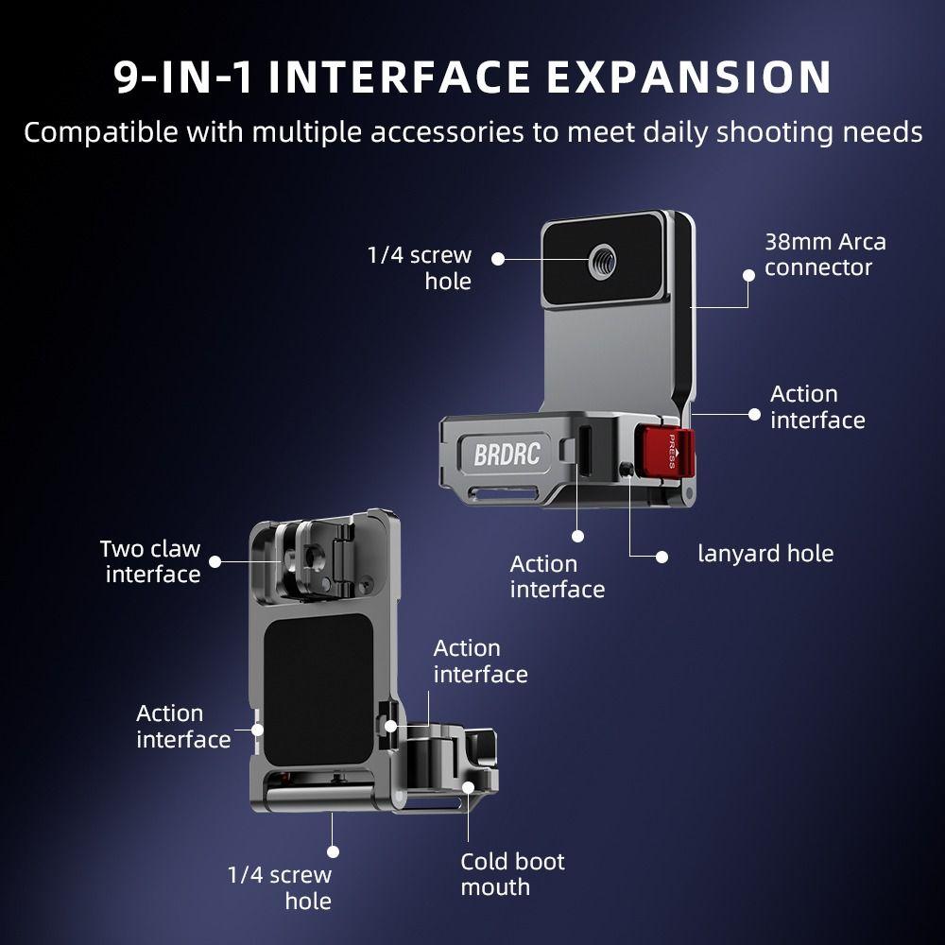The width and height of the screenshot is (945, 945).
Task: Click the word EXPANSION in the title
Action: pyautogui.click(x=689, y=77)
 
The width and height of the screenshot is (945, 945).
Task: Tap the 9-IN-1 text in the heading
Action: pyautogui.click(x=183, y=77)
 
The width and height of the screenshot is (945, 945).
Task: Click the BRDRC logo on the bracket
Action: pyautogui.click(x=507, y=455)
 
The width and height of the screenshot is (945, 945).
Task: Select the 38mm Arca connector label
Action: pyautogui.click(x=825, y=255)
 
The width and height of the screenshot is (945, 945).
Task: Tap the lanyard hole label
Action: pyautogui.click(x=765, y=553)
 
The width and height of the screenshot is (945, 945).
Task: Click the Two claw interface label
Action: pyautogui.click(x=150, y=561)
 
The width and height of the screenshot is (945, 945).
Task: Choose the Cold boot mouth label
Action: pyautogui.click(x=512, y=874)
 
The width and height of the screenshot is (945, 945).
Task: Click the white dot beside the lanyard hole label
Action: pyautogui.click(x=661, y=557)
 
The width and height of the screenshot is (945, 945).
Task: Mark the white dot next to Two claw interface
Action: pyautogui.click(x=215, y=561)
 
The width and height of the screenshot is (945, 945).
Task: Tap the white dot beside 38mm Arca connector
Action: pyautogui.click(x=748, y=275)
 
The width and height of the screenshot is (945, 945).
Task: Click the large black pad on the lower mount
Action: pyautogui.click(x=318, y=690)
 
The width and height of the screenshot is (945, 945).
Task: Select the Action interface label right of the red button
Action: pyautogui.click(x=817, y=407)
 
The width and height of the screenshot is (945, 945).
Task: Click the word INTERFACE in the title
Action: pyautogui.click(x=400, y=77)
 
